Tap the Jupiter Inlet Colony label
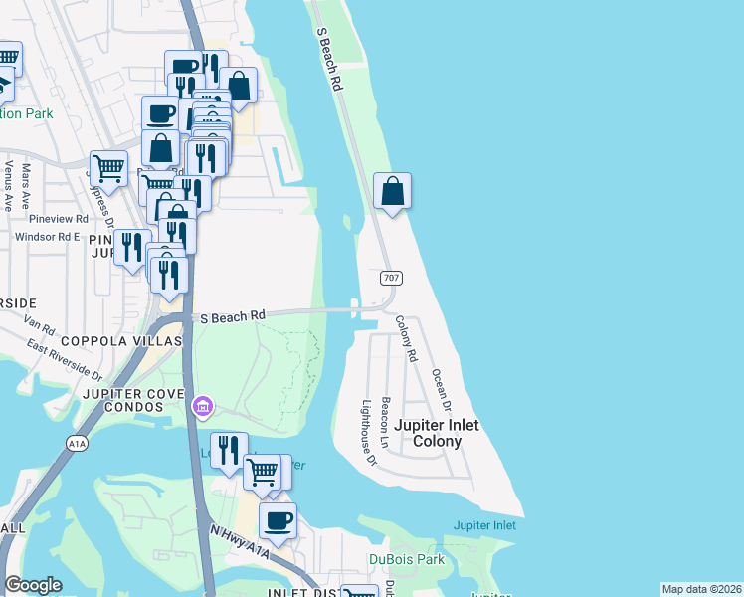[x=437, y=433]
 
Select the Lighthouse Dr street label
[x=369, y=433]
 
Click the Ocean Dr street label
[x=441, y=392]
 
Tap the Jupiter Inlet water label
[x=484, y=525]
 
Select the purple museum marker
[x=203, y=405]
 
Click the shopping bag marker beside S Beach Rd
[x=393, y=190]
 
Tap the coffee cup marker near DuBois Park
[x=278, y=519]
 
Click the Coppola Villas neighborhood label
[x=122, y=340]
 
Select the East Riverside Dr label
[x=66, y=360]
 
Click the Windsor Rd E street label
[x=47, y=237]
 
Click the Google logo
[x=33, y=585]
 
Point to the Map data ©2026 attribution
[x=701, y=589]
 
